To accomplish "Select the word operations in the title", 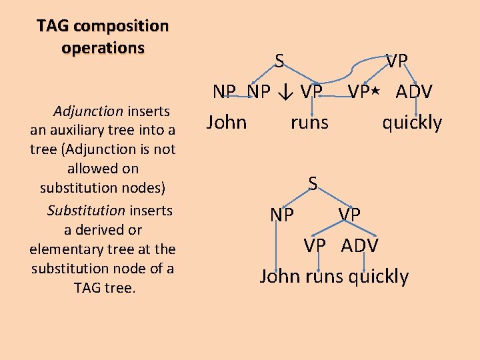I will click(x=103, y=48).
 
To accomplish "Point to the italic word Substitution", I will click(x=86, y=211).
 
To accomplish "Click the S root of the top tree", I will click(x=280, y=61).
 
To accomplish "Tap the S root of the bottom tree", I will click(x=312, y=183).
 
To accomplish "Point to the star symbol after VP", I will click(x=376, y=91).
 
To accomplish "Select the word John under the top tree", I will click(x=227, y=122).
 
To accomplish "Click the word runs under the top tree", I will click(x=309, y=122).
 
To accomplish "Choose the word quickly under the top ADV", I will click(x=411, y=122).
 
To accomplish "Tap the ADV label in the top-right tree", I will click(x=414, y=91).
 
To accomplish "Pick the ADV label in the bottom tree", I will click(x=359, y=246).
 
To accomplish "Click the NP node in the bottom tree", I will click(x=282, y=215).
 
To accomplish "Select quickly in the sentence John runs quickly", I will click(x=379, y=276).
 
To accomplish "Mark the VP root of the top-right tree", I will click(x=397, y=61).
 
